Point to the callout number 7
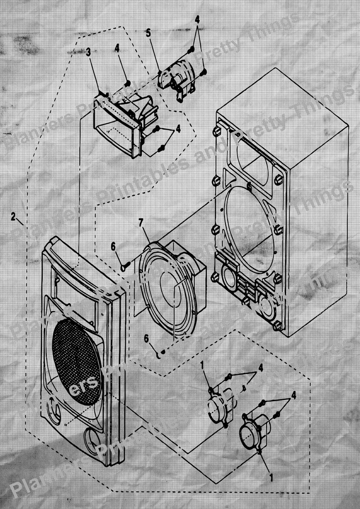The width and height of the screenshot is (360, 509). point(141,223)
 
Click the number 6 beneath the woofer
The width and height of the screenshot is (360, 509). point(146,339)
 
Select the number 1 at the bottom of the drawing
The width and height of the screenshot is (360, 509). point(271,477)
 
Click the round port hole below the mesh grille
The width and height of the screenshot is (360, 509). point(93,442)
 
